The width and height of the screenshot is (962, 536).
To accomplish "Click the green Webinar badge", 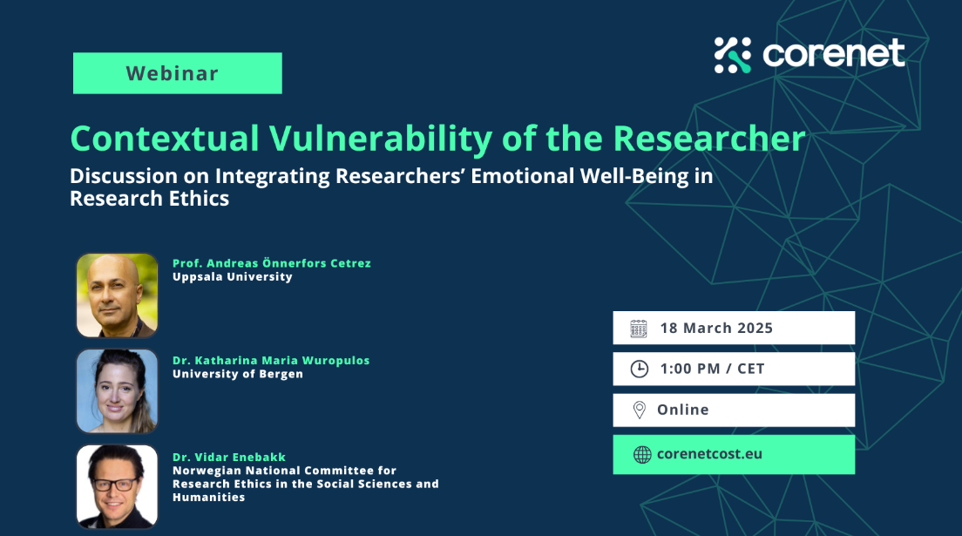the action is [x=177, y=73].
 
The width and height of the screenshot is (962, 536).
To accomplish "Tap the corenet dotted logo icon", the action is [x=733, y=55].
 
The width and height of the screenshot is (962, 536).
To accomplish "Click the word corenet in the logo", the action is [x=834, y=53].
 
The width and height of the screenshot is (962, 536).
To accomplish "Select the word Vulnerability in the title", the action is [x=381, y=139].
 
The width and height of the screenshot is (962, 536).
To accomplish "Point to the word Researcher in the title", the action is [x=708, y=139].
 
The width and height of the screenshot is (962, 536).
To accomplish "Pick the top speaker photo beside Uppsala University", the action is [x=117, y=295].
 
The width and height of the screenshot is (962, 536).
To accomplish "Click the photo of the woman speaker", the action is [x=117, y=391].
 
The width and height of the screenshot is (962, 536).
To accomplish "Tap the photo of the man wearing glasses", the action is [x=117, y=487].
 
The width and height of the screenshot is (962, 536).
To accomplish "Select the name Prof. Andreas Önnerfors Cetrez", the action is [x=272, y=263].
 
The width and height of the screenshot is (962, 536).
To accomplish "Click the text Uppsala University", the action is [x=233, y=277].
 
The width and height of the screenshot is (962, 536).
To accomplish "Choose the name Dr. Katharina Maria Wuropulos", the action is [x=271, y=361].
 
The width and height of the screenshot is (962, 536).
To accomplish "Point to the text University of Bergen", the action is [x=237, y=374].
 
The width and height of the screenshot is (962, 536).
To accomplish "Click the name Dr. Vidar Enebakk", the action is [x=229, y=457].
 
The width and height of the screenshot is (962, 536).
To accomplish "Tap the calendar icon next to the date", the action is [x=639, y=329].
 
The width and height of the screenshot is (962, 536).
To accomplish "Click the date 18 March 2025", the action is [x=716, y=328].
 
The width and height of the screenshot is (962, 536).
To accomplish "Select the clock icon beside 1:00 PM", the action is [x=640, y=369].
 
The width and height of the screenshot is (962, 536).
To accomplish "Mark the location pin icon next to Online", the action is [x=640, y=410].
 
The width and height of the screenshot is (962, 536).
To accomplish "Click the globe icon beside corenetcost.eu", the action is [x=641, y=454].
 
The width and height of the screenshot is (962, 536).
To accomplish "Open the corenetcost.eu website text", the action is [x=710, y=454].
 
